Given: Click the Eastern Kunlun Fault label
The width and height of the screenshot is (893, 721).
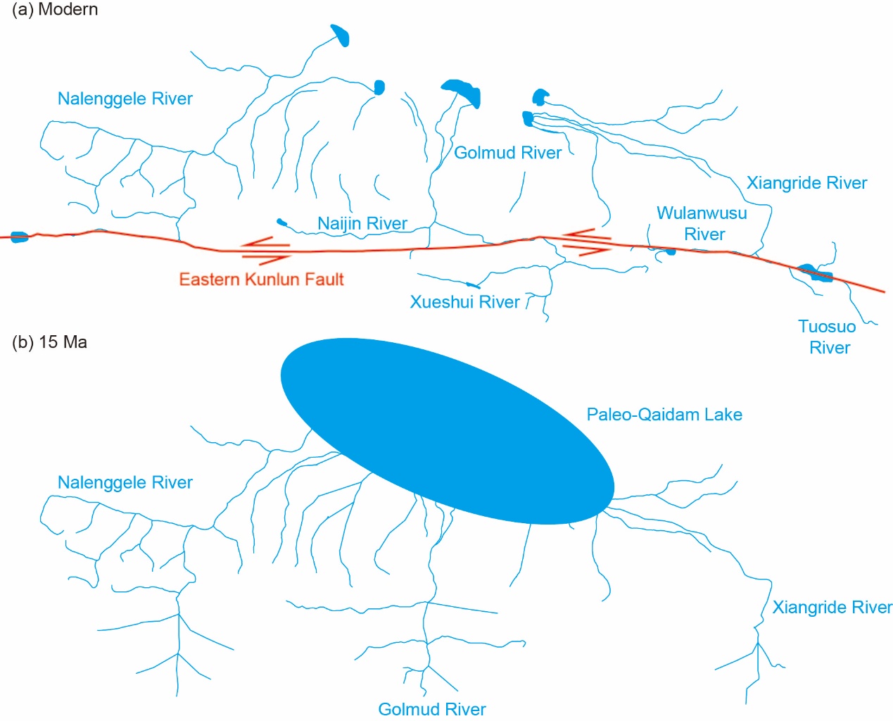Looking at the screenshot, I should [261, 280].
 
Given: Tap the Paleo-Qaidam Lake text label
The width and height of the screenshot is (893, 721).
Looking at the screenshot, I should [664, 415].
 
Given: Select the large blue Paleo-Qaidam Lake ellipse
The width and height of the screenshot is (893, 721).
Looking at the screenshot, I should [447, 431].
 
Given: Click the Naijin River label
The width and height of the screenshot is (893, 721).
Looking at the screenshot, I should [362, 224].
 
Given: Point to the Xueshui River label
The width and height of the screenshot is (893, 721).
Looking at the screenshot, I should [464, 302].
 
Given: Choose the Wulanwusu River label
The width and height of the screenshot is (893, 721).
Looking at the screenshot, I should [702, 223].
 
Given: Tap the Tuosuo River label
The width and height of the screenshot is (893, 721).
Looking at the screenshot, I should [828, 337].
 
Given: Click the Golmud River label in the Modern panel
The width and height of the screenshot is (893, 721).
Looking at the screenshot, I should [507, 153].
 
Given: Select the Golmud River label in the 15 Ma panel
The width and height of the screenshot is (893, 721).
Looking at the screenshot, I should [432, 709].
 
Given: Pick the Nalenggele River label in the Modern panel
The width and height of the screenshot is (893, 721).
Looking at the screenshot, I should [125, 99].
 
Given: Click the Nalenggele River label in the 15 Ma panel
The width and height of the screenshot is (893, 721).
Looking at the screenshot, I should [125, 482].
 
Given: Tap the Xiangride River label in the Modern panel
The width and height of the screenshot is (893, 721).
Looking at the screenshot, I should [806, 183].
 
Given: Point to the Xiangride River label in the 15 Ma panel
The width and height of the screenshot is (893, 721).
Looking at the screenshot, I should [832, 608].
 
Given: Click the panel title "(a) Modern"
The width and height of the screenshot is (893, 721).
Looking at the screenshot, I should [55, 10].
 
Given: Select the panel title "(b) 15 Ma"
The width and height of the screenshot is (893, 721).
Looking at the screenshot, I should [50, 342].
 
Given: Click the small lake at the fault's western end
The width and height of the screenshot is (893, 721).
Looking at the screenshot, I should [19, 237].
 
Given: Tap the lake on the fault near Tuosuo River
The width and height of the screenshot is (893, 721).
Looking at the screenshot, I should [816, 273].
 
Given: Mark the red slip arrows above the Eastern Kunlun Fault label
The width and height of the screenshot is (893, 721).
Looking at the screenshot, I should [266, 251].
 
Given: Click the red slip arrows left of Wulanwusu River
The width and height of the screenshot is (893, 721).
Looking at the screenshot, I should [586, 241].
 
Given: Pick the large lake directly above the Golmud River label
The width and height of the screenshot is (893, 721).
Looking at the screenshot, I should [462, 92].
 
